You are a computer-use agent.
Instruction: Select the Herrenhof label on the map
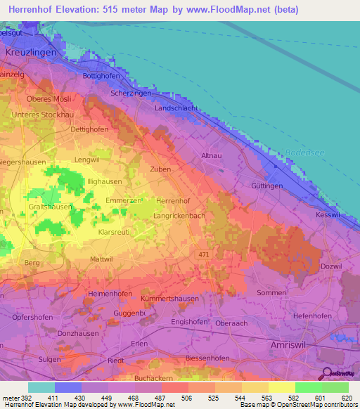point(172,201)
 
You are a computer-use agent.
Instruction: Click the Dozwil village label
point(332,266)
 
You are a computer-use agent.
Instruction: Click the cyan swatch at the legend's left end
point(41,387)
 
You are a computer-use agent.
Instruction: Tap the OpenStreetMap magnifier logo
point(325,374)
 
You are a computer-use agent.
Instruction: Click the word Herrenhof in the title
point(32,10)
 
